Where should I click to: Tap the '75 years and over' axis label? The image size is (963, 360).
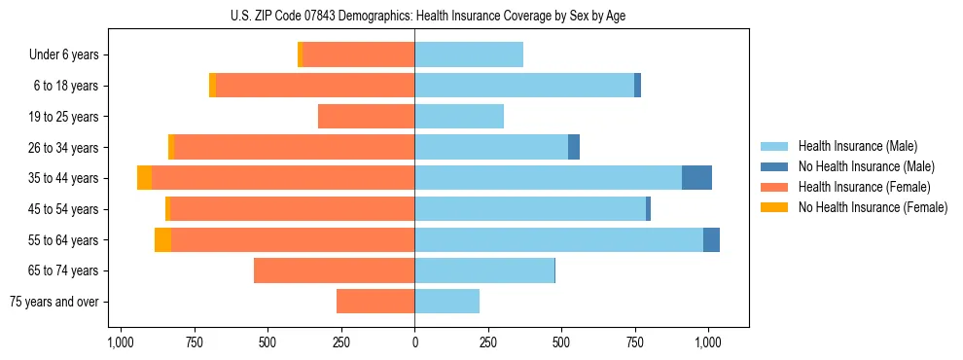(54, 302)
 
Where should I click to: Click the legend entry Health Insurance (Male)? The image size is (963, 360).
(857, 146)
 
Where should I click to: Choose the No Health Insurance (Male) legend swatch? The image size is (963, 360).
(774, 166)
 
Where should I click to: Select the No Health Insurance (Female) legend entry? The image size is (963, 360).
(873, 207)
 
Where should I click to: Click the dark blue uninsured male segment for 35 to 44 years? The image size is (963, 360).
(696, 178)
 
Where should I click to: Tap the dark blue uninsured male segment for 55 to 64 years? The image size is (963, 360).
(711, 239)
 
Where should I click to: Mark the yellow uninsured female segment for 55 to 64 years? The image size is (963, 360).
(162, 239)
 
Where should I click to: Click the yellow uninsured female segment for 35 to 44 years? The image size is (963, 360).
(144, 178)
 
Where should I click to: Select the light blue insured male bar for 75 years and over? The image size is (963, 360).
(446, 302)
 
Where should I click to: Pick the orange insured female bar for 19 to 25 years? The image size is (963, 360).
(366, 117)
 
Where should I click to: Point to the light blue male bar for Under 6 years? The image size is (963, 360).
(469, 55)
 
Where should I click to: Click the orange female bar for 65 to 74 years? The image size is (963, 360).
(334, 270)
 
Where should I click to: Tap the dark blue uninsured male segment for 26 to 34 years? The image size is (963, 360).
(574, 147)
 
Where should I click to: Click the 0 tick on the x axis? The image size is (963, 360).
(414, 342)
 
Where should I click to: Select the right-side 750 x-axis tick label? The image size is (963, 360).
(634, 342)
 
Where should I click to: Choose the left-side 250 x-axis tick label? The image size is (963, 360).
(341, 342)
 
